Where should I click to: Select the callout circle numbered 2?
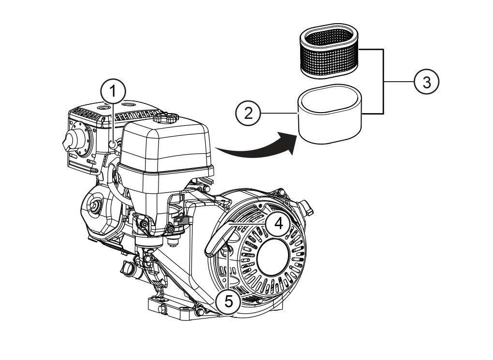[x=248, y=113]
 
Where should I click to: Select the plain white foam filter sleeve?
[x=330, y=115]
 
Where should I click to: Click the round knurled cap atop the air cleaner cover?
[x=165, y=117]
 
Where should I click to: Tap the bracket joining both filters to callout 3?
[x=383, y=82]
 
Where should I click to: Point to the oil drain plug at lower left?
[x=127, y=267]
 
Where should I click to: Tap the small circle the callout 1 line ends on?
[x=113, y=144]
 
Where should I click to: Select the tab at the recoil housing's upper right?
[x=306, y=207]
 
